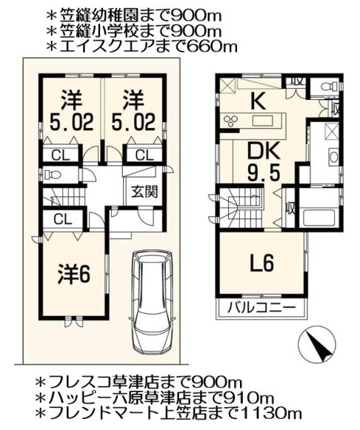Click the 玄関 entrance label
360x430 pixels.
pyautogui.click(x=144, y=192)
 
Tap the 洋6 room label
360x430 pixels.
pyautogui.click(x=73, y=275)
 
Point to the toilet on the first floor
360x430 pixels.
pyautogui.click(x=52, y=176)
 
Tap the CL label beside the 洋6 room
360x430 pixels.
pyautogui.click(x=62, y=219)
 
